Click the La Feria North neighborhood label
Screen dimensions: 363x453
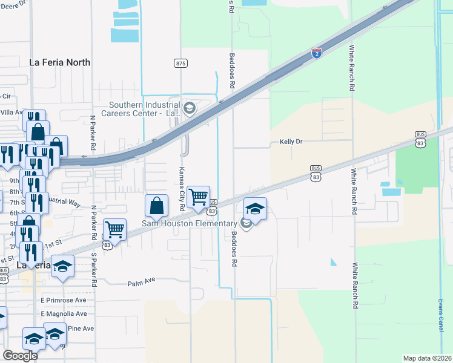point(60,62)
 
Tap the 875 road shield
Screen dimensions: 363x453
point(180,63)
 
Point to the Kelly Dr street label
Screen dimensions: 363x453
point(291,142)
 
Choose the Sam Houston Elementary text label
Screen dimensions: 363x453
point(188,224)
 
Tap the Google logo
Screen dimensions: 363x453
point(20,356)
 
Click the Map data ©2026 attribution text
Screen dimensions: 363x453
point(427,358)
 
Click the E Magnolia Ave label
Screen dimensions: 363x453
point(64,314)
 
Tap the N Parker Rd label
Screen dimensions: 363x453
point(93,133)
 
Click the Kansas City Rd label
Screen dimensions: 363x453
point(182,189)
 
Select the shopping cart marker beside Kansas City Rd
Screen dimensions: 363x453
point(199,197)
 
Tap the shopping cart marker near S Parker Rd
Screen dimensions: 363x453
point(115,229)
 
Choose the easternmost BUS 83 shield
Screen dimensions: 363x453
point(421,138)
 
